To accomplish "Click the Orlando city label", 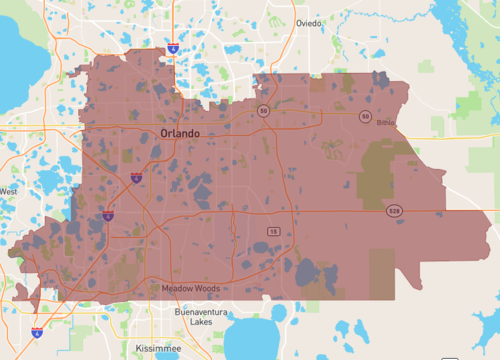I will [180, 133].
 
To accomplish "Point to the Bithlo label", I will [386, 122].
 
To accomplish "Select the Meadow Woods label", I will [188, 289].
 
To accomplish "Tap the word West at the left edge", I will [8, 191].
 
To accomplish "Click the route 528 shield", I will [396, 211].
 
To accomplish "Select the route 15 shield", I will [272, 231].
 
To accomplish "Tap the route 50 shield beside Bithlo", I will [365, 116].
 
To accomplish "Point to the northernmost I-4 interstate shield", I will [174, 48].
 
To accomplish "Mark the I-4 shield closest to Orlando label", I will [136, 177].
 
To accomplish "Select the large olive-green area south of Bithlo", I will [390, 170].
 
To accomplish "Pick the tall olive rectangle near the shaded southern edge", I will [383, 272].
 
